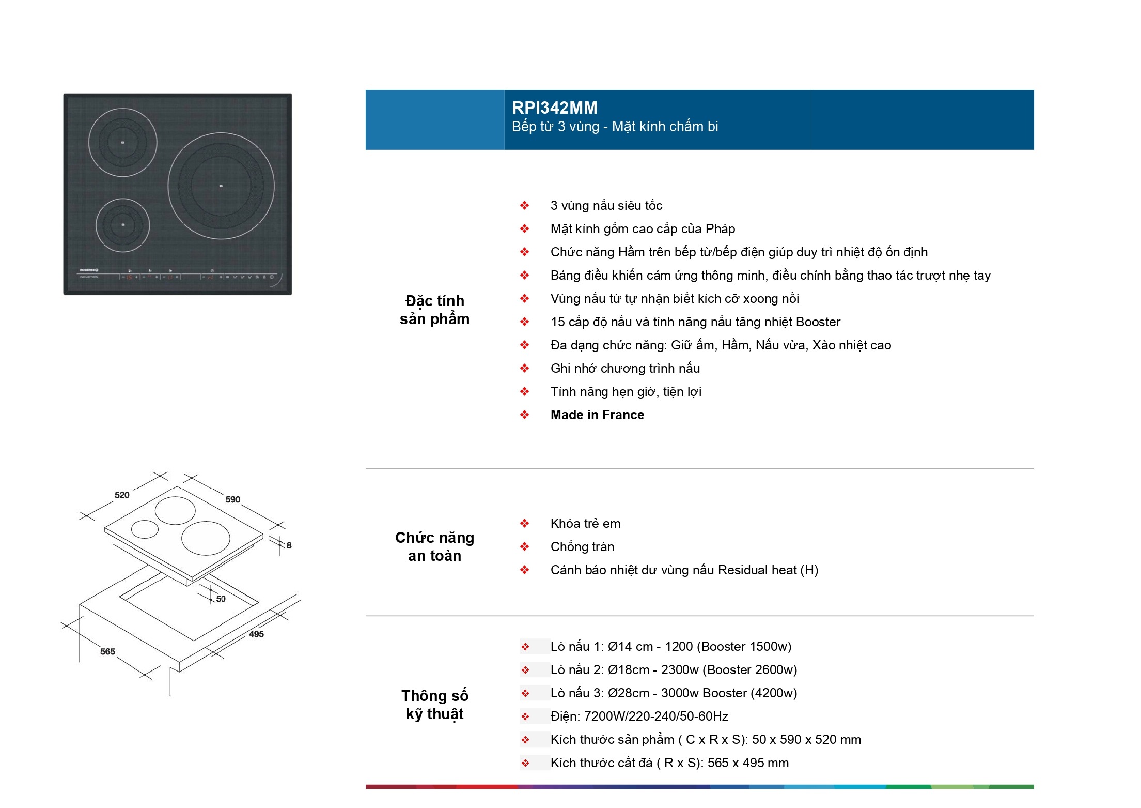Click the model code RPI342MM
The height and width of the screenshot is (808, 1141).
554,108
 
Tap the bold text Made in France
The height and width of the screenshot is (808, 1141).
597,415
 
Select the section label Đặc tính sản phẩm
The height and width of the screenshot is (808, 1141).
434,310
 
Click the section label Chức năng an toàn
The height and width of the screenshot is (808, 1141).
434,546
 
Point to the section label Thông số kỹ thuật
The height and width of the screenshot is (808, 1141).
434,705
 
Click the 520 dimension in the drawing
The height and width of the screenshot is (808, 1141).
122,495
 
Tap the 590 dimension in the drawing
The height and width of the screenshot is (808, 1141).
233,499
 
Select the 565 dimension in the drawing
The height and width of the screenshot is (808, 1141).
107,651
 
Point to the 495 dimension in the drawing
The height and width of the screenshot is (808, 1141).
256,634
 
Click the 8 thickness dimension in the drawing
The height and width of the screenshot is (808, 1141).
289,545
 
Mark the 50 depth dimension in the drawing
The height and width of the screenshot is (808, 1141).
221,599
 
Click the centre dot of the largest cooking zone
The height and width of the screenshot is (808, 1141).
221,186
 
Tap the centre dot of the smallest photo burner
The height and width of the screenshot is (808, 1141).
123,224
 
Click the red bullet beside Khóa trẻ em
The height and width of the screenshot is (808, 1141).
525,523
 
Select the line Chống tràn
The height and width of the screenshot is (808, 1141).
582,546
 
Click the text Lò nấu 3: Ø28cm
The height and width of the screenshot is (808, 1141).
600,693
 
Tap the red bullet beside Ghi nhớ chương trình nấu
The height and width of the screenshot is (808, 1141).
525,368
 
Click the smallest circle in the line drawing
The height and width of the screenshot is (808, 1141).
145,529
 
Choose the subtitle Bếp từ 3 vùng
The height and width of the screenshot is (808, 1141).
556,127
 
